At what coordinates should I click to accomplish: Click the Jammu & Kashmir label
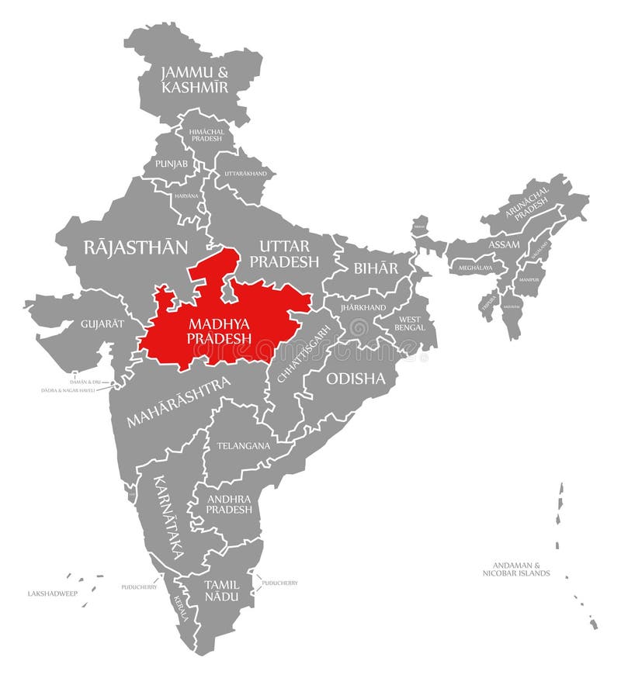(x=194, y=80)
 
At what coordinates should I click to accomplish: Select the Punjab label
(x=171, y=164)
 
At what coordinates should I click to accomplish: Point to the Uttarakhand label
(x=245, y=173)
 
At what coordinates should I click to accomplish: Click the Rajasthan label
(x=136, y=247)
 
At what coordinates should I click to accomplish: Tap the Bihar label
(x=376, y=268)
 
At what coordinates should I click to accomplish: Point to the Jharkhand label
(x=363, y=307)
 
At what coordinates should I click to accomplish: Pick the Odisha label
(x=356, y=379)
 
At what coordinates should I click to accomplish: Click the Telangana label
(x=244, y=446)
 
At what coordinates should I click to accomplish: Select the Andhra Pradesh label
(x=229, y=504)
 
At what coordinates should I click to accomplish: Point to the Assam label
(x=504, y=244)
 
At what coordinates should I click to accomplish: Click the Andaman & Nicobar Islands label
(x=515, y=569)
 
